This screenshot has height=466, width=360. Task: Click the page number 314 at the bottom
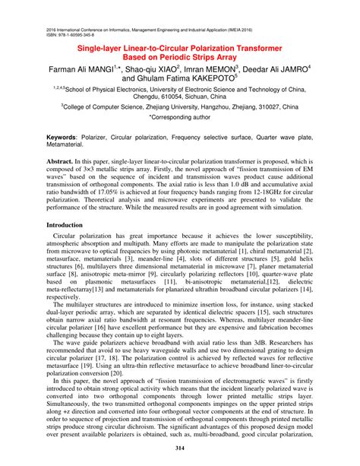click(x=180, y=449)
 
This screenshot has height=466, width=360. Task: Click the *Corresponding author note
click(x=180, y=119)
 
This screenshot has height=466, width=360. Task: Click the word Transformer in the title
click(x=269, y=46)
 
